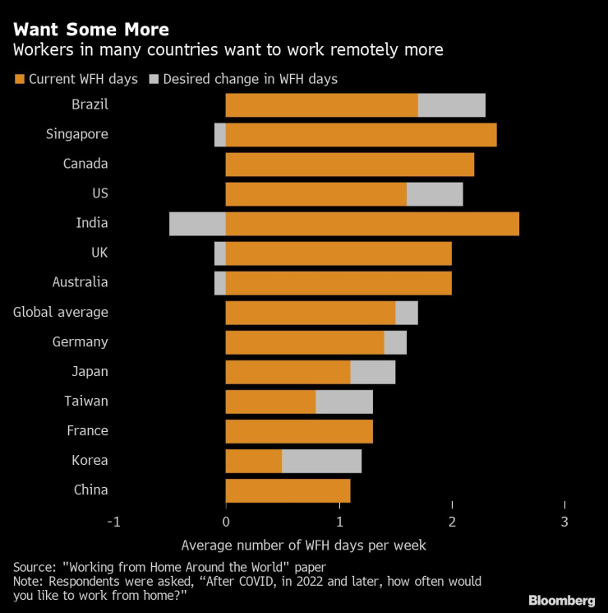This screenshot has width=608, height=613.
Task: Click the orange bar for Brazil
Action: coord(321,105)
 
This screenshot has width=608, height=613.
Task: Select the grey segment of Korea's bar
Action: coord(321,461)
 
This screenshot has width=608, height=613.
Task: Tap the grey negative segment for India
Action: coord(197,224)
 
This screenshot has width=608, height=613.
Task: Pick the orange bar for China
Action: coord(288,490)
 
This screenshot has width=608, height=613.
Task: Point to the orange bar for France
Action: coord(299,431)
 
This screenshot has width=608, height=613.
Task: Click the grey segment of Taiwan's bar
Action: coord(344,402)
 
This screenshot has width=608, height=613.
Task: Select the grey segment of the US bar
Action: coord(435,194)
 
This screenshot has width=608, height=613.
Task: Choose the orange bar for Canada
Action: coord(350,165)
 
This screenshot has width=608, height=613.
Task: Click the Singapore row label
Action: coord(77,134)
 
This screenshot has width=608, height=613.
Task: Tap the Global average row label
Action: coord(61,312)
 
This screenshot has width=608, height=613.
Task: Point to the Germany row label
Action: coord(81,341)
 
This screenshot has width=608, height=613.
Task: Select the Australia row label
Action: coord(80,282)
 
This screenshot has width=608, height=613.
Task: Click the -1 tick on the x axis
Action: coord(113,522)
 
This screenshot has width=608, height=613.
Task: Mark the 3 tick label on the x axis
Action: coord(564,522)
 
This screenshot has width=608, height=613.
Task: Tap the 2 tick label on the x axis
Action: coord(452,522)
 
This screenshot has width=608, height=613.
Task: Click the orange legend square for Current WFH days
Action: coord(19,80)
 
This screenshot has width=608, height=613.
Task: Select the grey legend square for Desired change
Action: coord(154,80)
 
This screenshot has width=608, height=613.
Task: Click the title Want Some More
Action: coord(90,30)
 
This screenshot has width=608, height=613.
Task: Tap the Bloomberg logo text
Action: coord(561,600)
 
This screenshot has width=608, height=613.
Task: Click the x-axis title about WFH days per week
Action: coord(304,545)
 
